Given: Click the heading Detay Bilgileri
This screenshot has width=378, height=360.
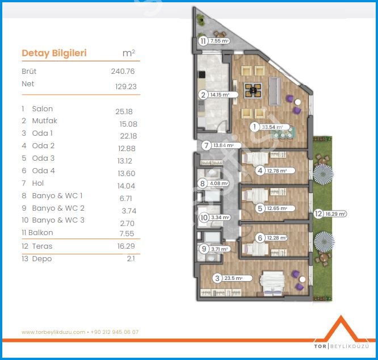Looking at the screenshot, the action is coord(54,53).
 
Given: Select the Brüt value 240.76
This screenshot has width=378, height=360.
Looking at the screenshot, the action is coord(123,72).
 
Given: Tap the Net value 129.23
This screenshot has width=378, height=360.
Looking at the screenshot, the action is coord(125,86).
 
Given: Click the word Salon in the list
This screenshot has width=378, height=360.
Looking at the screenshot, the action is coord(43,109).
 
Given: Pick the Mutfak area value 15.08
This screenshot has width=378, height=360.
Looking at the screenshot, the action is coord(128,124).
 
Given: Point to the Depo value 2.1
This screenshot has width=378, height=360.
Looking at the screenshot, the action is coord(131,259).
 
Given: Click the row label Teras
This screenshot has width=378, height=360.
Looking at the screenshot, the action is coord(42,246).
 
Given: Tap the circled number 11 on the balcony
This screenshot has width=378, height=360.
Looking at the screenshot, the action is coord(203,41).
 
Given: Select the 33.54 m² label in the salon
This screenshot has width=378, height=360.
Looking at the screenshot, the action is coord(272,127).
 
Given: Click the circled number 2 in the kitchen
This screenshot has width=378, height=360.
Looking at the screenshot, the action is coord(203,95).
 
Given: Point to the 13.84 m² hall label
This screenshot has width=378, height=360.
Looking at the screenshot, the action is coord(224,145).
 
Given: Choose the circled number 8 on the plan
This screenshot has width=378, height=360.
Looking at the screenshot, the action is coord(203,183).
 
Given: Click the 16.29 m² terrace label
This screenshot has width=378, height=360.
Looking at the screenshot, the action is coord(335,214).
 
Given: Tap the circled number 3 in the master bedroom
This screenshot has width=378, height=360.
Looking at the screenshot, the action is coord(217,278).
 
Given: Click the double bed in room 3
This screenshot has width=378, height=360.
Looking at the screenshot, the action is coord(272,283).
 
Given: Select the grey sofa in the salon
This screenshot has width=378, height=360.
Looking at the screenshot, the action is coord(275,91).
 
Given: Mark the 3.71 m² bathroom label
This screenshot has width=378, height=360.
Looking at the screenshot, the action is coord(220,249).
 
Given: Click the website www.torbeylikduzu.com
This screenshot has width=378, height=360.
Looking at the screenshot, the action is coord(53,332).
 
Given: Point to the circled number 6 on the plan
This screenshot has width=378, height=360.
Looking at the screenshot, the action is coord(260,238).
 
